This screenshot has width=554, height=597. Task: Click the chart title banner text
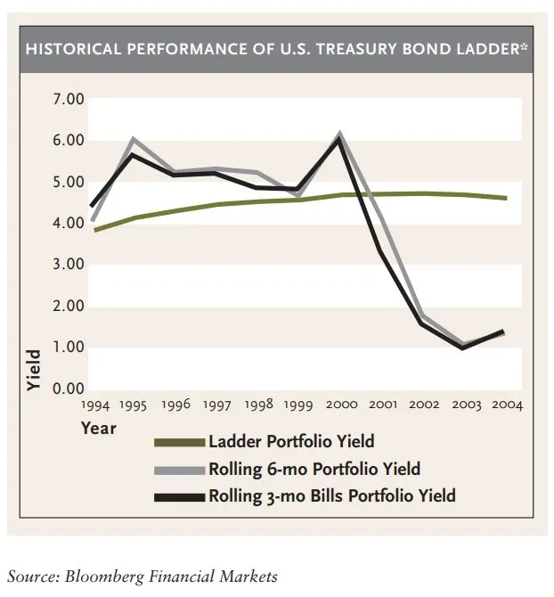coord(277,47)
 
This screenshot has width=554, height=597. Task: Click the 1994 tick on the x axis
coord(94,405)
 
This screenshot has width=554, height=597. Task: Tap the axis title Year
coord(99,429)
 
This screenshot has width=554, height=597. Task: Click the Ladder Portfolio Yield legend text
coord(290,441)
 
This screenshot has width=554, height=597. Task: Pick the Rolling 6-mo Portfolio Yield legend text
coord(314,469)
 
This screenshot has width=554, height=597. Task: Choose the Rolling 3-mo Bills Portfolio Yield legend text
coord(331,495)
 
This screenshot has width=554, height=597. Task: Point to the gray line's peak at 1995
coord(134,139)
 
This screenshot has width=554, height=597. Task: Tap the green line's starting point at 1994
coord(94,231)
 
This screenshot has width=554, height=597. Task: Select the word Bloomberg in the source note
coord(101,576)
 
